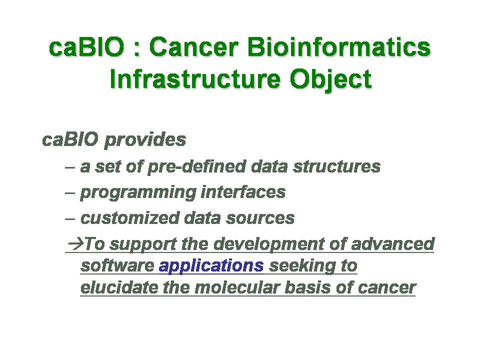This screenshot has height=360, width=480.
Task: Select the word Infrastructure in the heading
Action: pyautogui.click(x=195, y=79)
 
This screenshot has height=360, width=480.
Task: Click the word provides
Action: pyautogui.click(x=145, y=140)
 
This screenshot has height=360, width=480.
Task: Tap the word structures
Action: pyautogui.click(x=336, y=166)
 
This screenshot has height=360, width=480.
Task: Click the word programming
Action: pyautogui.click(x=138, y=193)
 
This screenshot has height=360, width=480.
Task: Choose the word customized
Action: pyautogui.click(x=130, y=218)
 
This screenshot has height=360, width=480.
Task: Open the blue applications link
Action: pyautogui.click(x=211, y=266)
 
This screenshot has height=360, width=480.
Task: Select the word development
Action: pyautogui.click(x=268, y=245)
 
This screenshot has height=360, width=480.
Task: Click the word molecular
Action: pyautogui.click(x=236, y=288)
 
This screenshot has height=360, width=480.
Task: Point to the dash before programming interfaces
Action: pyautogui.click(x=70, y=193)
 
